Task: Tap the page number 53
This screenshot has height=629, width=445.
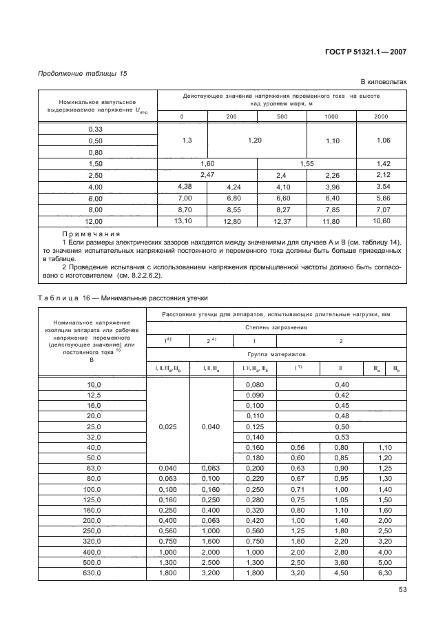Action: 402,589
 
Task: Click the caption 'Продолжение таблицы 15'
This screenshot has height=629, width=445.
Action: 83,73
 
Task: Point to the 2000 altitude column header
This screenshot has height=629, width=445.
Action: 381,116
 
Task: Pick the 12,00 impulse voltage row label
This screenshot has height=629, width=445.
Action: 95,222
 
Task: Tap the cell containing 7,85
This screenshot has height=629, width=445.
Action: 331,209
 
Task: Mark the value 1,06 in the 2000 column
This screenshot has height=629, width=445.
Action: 381,141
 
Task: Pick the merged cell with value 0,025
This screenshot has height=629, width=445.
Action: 168,426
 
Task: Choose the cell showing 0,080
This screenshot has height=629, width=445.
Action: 254,384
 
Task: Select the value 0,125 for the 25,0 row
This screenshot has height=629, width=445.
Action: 254,426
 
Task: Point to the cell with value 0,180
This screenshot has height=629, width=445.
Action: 254,457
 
